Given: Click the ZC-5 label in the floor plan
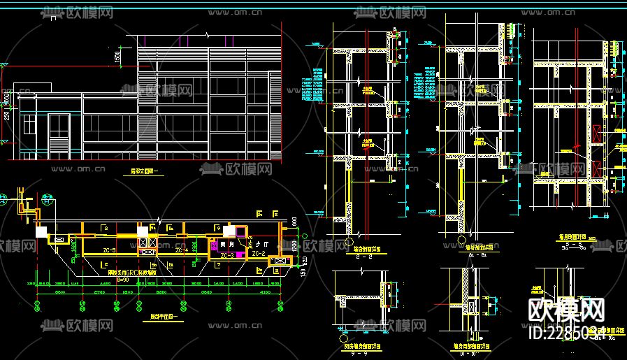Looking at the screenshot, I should coord(109,250).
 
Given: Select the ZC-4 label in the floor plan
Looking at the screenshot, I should coord(181,250).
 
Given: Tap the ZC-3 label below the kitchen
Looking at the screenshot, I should coord(228,256).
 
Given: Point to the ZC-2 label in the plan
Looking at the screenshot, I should coord(258,253).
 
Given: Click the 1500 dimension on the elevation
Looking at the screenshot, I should coord(118,55).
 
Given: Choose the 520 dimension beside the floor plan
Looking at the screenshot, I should coord(294,264).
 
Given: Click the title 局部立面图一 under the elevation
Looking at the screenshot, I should coord(145,170).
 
